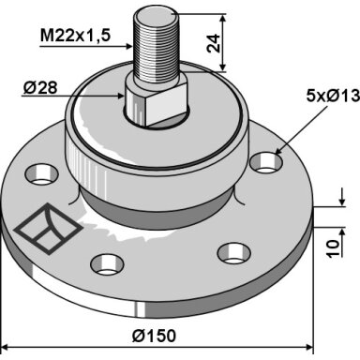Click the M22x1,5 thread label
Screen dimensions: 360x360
(x=75, y=36)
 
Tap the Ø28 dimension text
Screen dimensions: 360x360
(x=40, y=88)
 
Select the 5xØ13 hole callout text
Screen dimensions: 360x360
(x=333, y=96)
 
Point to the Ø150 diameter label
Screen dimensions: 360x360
(x=154, y=337)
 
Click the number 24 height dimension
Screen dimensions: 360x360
(x=214, y=43)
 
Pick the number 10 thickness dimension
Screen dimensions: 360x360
(x=334, y=248)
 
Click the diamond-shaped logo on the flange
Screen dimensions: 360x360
(x=48, y=229)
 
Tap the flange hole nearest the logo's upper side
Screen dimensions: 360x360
(x=42, y=175)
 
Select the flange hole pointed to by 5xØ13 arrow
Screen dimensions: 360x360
(x=266, y=163)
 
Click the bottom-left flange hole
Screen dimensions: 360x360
(x=107, y=264)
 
